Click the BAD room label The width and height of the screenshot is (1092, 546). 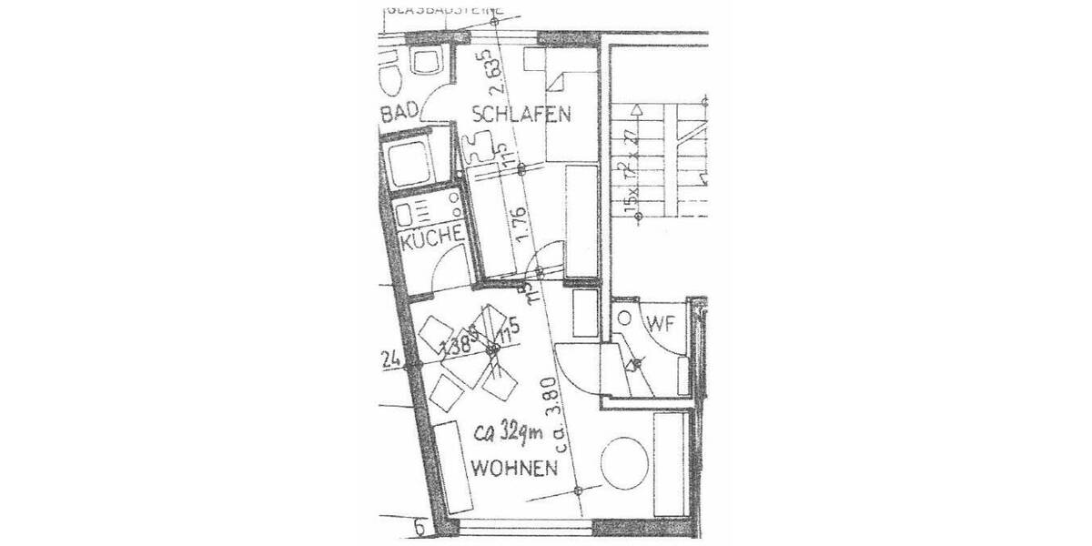coord(399,113)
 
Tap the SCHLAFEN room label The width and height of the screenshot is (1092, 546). coord(521,115)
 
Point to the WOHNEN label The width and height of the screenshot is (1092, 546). coord(514,470)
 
